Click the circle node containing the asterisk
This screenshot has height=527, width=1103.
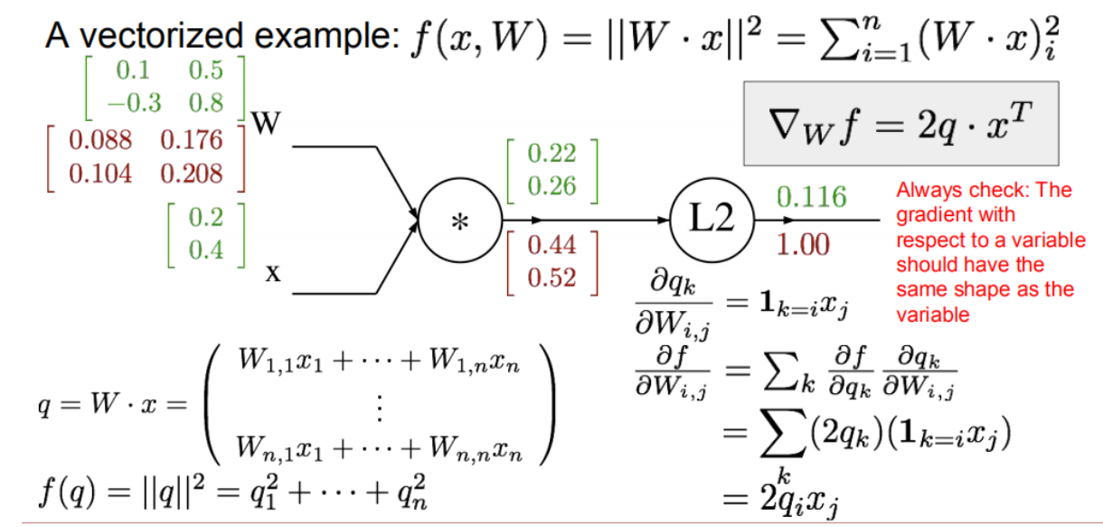coord(459,220)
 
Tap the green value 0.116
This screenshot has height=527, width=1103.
coord(811,197)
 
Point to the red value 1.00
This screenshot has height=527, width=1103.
coord(804,245)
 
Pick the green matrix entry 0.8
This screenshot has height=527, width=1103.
coord(206,102)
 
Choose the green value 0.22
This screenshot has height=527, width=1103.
coord(551,155)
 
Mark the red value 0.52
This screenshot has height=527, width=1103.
coord(551,277)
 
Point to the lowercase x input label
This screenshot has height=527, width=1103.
coord(270,271)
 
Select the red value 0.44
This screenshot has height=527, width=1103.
coord(551,244)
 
